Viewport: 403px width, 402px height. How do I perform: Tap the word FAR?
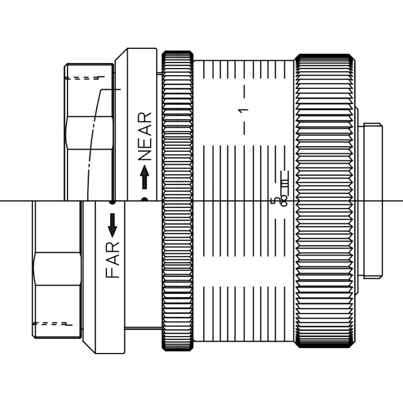[x=113, y=260]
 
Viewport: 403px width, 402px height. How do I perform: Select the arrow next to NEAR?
[x=145, y=177]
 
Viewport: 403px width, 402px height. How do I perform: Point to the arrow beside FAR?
[x=112, y=225]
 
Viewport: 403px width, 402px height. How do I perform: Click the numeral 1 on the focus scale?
[x=243, y=110]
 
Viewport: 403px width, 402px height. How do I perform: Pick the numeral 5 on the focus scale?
[x=276, y=200]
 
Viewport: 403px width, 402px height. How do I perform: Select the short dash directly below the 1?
[x=244, y=129]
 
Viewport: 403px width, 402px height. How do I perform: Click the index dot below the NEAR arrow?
[x=144, y=199]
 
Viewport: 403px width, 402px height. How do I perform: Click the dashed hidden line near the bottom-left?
[x=52, y=324]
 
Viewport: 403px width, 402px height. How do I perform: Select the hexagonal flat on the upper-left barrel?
[x=89, y=133]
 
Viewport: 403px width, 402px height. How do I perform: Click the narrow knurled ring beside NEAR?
[x=178, y=200]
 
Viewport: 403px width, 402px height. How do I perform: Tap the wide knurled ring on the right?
[x=325, y=200]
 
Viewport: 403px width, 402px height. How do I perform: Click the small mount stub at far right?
[x=373, y=200]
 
